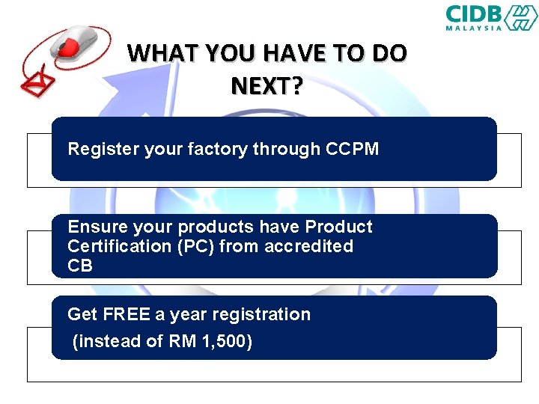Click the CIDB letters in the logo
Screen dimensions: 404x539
(474, 14)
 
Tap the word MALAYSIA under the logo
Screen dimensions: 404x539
(474, 28)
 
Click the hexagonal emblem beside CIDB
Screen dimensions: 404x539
(520, 17)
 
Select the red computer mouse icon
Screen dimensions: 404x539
(75, 41)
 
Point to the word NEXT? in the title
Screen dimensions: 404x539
(267, 87)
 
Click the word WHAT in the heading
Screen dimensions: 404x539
(158, 54)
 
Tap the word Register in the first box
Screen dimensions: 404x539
(98, 149)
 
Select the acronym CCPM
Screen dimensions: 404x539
(353, 149)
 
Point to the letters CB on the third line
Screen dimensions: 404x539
(80, 266)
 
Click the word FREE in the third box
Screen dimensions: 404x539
(127, 314)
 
